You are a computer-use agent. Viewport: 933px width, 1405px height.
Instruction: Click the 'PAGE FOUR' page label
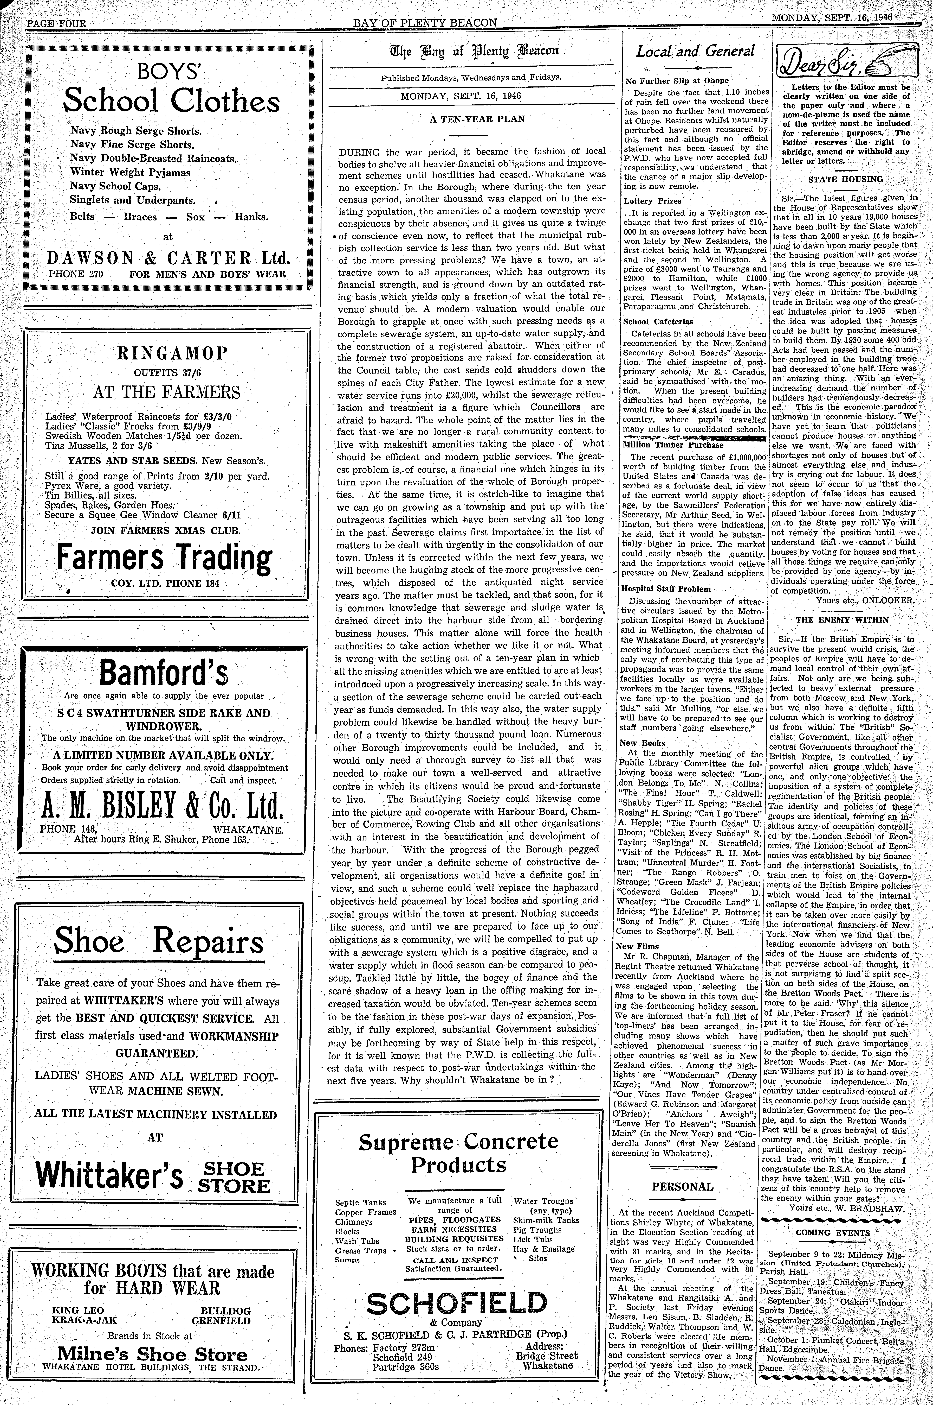(x=56, y=24)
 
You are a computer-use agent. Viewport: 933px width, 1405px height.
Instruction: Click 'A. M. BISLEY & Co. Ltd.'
(x=162, y=807)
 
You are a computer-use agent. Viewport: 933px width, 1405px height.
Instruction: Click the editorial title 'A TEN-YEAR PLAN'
(x=477, y=119)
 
